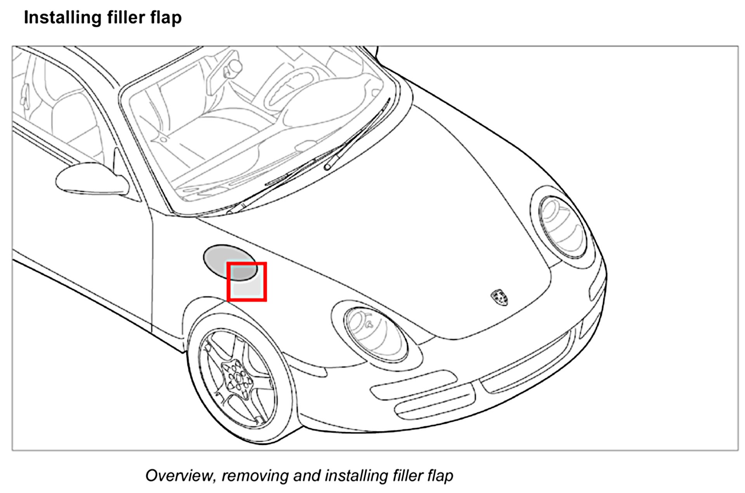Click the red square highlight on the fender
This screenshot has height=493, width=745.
click(x=247, y=282)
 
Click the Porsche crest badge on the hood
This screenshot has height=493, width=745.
click(x=499, y=297)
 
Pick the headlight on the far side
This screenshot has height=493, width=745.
click(x=563, y=227)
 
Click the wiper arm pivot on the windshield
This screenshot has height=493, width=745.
click(x=328, y=167)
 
